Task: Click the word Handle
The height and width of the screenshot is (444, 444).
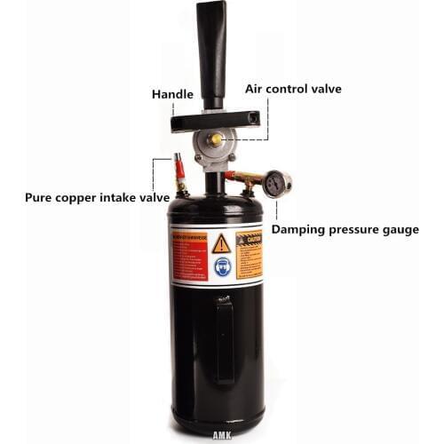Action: point(171,93)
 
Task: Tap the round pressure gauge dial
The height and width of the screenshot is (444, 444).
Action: point(278,185)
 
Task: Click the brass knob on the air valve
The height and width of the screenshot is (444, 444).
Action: point(215,139)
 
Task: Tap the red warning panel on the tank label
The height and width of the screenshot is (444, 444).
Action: point(190,255)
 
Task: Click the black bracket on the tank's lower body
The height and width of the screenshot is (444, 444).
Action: point(225,337)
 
